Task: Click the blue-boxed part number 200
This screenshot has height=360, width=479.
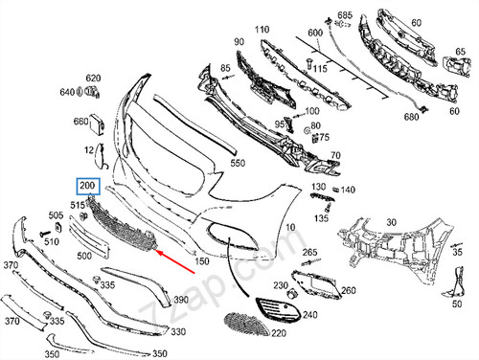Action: (88, 186)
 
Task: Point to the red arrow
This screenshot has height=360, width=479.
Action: (175, 261)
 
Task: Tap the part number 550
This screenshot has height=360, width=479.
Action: (238, 163)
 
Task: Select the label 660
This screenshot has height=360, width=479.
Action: (80, 122)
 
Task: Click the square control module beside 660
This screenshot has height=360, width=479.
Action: (97, 124)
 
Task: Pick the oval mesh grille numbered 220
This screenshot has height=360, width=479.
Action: (246, 325)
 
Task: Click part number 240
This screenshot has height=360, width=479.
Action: (310, 315)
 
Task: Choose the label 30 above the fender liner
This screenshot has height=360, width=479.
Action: (392, 222)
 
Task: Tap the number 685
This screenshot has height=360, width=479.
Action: (345, 15)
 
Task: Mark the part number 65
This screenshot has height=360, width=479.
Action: (460, 52)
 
